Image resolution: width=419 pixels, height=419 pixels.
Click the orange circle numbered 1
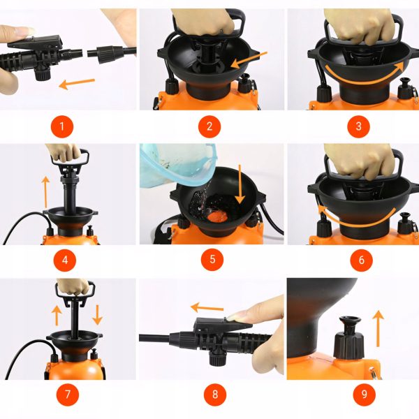coord(62,126)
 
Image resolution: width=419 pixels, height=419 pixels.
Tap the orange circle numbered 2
coord(209,126)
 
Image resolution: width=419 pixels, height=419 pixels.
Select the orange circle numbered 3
coord(358,126)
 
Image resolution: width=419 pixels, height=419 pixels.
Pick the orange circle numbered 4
coord(65,260)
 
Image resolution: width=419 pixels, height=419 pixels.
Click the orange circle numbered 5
coord(212,259)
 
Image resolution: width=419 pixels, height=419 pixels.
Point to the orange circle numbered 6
coord(361,260)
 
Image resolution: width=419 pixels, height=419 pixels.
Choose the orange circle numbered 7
coord(68,395)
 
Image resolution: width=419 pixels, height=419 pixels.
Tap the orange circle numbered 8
coord(215,395)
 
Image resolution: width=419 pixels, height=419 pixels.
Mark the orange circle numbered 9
coord(365,395)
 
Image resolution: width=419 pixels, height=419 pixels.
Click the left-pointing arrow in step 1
coord(77,84)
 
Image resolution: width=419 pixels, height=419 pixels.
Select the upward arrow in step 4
coord(45,191)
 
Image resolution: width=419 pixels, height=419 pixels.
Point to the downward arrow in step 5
coord(240,184)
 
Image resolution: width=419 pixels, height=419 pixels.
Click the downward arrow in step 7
coord(98,315)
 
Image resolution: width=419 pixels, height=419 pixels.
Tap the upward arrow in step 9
coord(378,328)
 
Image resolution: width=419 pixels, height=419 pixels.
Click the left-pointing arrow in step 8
coord(207,308)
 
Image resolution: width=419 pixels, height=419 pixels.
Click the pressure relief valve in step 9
coord(349,337)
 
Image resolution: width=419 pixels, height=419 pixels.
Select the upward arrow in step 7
coord(57,316)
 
